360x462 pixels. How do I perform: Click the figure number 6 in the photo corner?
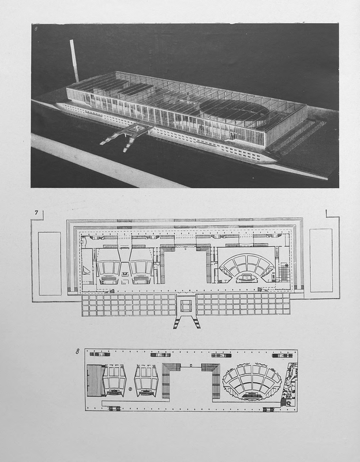click(36, 29)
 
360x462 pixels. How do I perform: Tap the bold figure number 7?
click(36, 213)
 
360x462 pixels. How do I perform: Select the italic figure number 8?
click(77, 351)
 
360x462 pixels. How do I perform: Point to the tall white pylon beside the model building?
click(74, 61)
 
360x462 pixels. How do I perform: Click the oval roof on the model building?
click(234, 110)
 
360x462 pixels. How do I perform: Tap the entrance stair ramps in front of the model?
click(126, 136)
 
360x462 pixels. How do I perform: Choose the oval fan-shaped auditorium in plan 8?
click(252, 382)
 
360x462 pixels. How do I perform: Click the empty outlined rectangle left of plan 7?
click(50, 263)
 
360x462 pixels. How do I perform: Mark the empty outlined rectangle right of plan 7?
click(321, 260)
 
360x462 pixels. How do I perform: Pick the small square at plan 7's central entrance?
click(186, 306)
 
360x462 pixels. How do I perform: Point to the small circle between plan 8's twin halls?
click(130, 389)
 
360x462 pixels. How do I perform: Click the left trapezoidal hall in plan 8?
click(114, 381)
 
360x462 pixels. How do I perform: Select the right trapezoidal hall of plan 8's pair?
click(147, 381)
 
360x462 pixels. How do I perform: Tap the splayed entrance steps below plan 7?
click(186, 322)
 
